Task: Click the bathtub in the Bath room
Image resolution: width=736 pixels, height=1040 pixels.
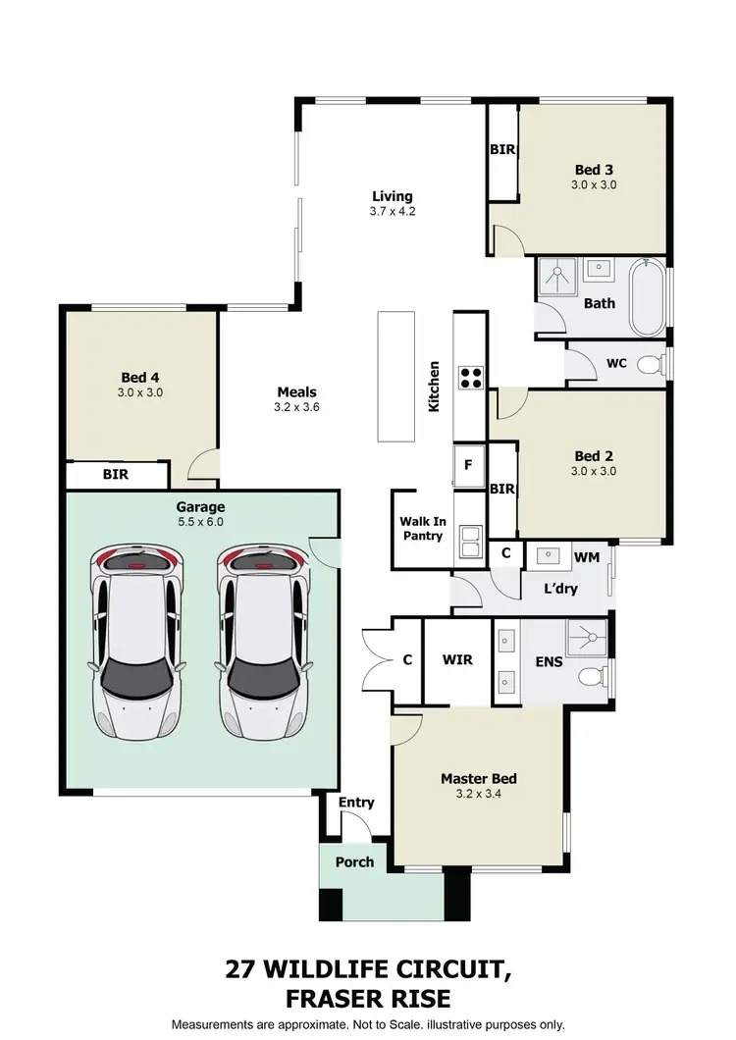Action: [x=648, y=297]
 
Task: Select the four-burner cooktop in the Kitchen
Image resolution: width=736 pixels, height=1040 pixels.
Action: [x=470, y=378]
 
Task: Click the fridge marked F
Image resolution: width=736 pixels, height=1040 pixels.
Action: [x=468, y=465]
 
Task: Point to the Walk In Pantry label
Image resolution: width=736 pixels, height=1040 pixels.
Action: [x=422, y=529]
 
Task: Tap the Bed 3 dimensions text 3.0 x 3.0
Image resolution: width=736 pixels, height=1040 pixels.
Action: [x=594, y=184]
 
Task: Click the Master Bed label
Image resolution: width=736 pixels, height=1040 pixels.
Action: [x=478, y=779]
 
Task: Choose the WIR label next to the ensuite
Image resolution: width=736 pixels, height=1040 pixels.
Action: [x=457, y=659]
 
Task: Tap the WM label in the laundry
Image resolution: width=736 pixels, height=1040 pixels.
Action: [x=586, y=557]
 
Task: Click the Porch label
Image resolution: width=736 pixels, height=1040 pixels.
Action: [x=354, y=862]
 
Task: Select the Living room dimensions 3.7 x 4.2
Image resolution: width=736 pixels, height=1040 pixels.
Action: [x=392, y=211]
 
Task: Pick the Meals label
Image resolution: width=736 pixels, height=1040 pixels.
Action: [x=296, y=392]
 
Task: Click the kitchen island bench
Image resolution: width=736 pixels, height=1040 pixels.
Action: [x=398, y=376]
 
